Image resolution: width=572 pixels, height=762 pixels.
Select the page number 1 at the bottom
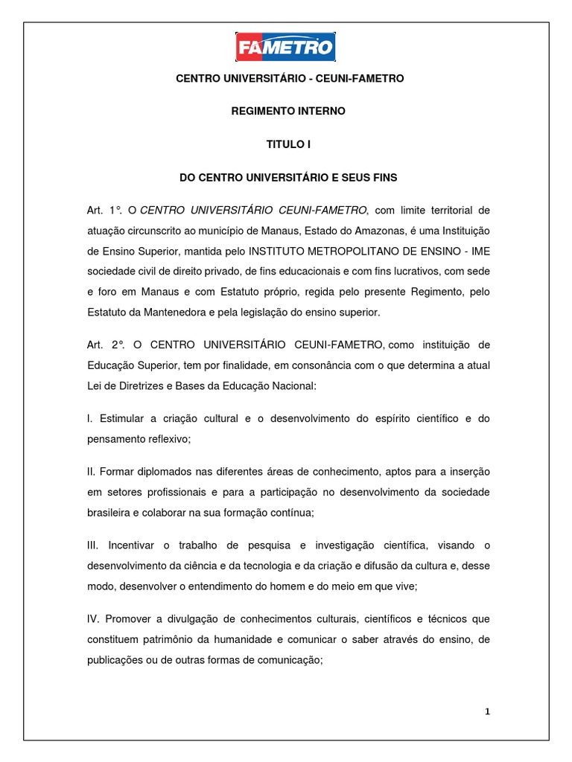[487, 711]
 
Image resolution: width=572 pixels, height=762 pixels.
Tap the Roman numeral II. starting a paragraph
[92, 473]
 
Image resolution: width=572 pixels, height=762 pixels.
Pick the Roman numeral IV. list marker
[94, 619]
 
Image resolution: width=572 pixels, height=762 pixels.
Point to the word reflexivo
[166, 439]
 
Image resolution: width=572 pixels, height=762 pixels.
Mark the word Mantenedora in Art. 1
[162, 312]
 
